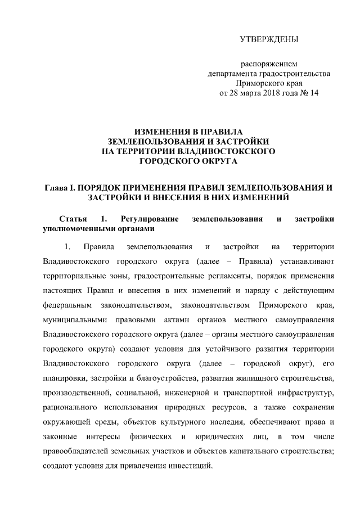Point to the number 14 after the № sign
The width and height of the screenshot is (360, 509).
[314, 93]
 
